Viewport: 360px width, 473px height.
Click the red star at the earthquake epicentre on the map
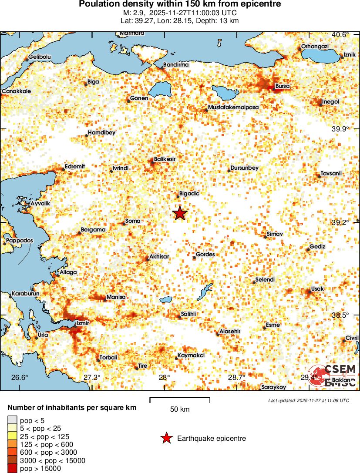pos(180,213)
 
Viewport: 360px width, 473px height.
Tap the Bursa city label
pos(283,86)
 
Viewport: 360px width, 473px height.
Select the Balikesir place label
pos(165,160)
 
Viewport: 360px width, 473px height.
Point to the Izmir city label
pos(83,323)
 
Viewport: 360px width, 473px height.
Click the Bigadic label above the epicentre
pos(189,194)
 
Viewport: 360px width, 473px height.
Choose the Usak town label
pos(318,289)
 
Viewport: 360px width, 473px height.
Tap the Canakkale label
pos(17,91)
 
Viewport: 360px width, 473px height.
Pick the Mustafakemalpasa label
pos(233,107)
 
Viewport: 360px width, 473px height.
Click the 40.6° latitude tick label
pos(340,35)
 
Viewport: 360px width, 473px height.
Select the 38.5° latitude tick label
pos(340,315)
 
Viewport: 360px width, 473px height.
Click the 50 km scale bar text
pos(179,409)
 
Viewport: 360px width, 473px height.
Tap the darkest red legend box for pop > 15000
pos(13,469)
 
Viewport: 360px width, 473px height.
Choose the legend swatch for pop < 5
pos(13,420)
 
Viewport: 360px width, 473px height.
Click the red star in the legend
pos(166,438)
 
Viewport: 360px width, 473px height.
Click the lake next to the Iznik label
pos(320,55)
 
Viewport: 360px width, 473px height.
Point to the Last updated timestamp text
pos(309,400)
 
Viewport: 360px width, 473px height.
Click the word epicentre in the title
pos(261,4)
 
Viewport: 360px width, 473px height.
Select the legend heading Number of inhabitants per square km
pos(72,408)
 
